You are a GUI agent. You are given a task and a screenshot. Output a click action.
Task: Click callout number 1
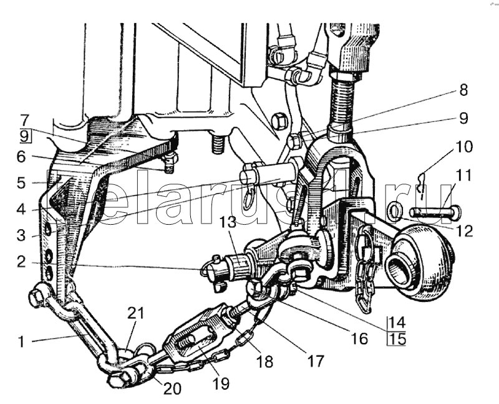pos(22,341)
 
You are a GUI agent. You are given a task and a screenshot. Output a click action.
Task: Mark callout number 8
pos(463,90)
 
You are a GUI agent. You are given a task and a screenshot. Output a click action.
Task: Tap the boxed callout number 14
pos(397,322)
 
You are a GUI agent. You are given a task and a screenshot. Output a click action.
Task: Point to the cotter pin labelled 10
pos(422,185)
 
